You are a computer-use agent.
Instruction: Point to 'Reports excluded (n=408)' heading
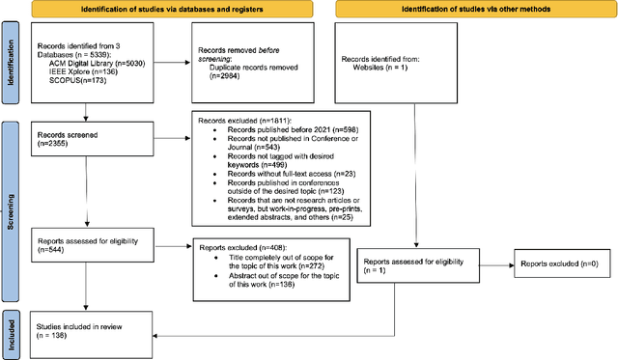click(232, 246)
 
